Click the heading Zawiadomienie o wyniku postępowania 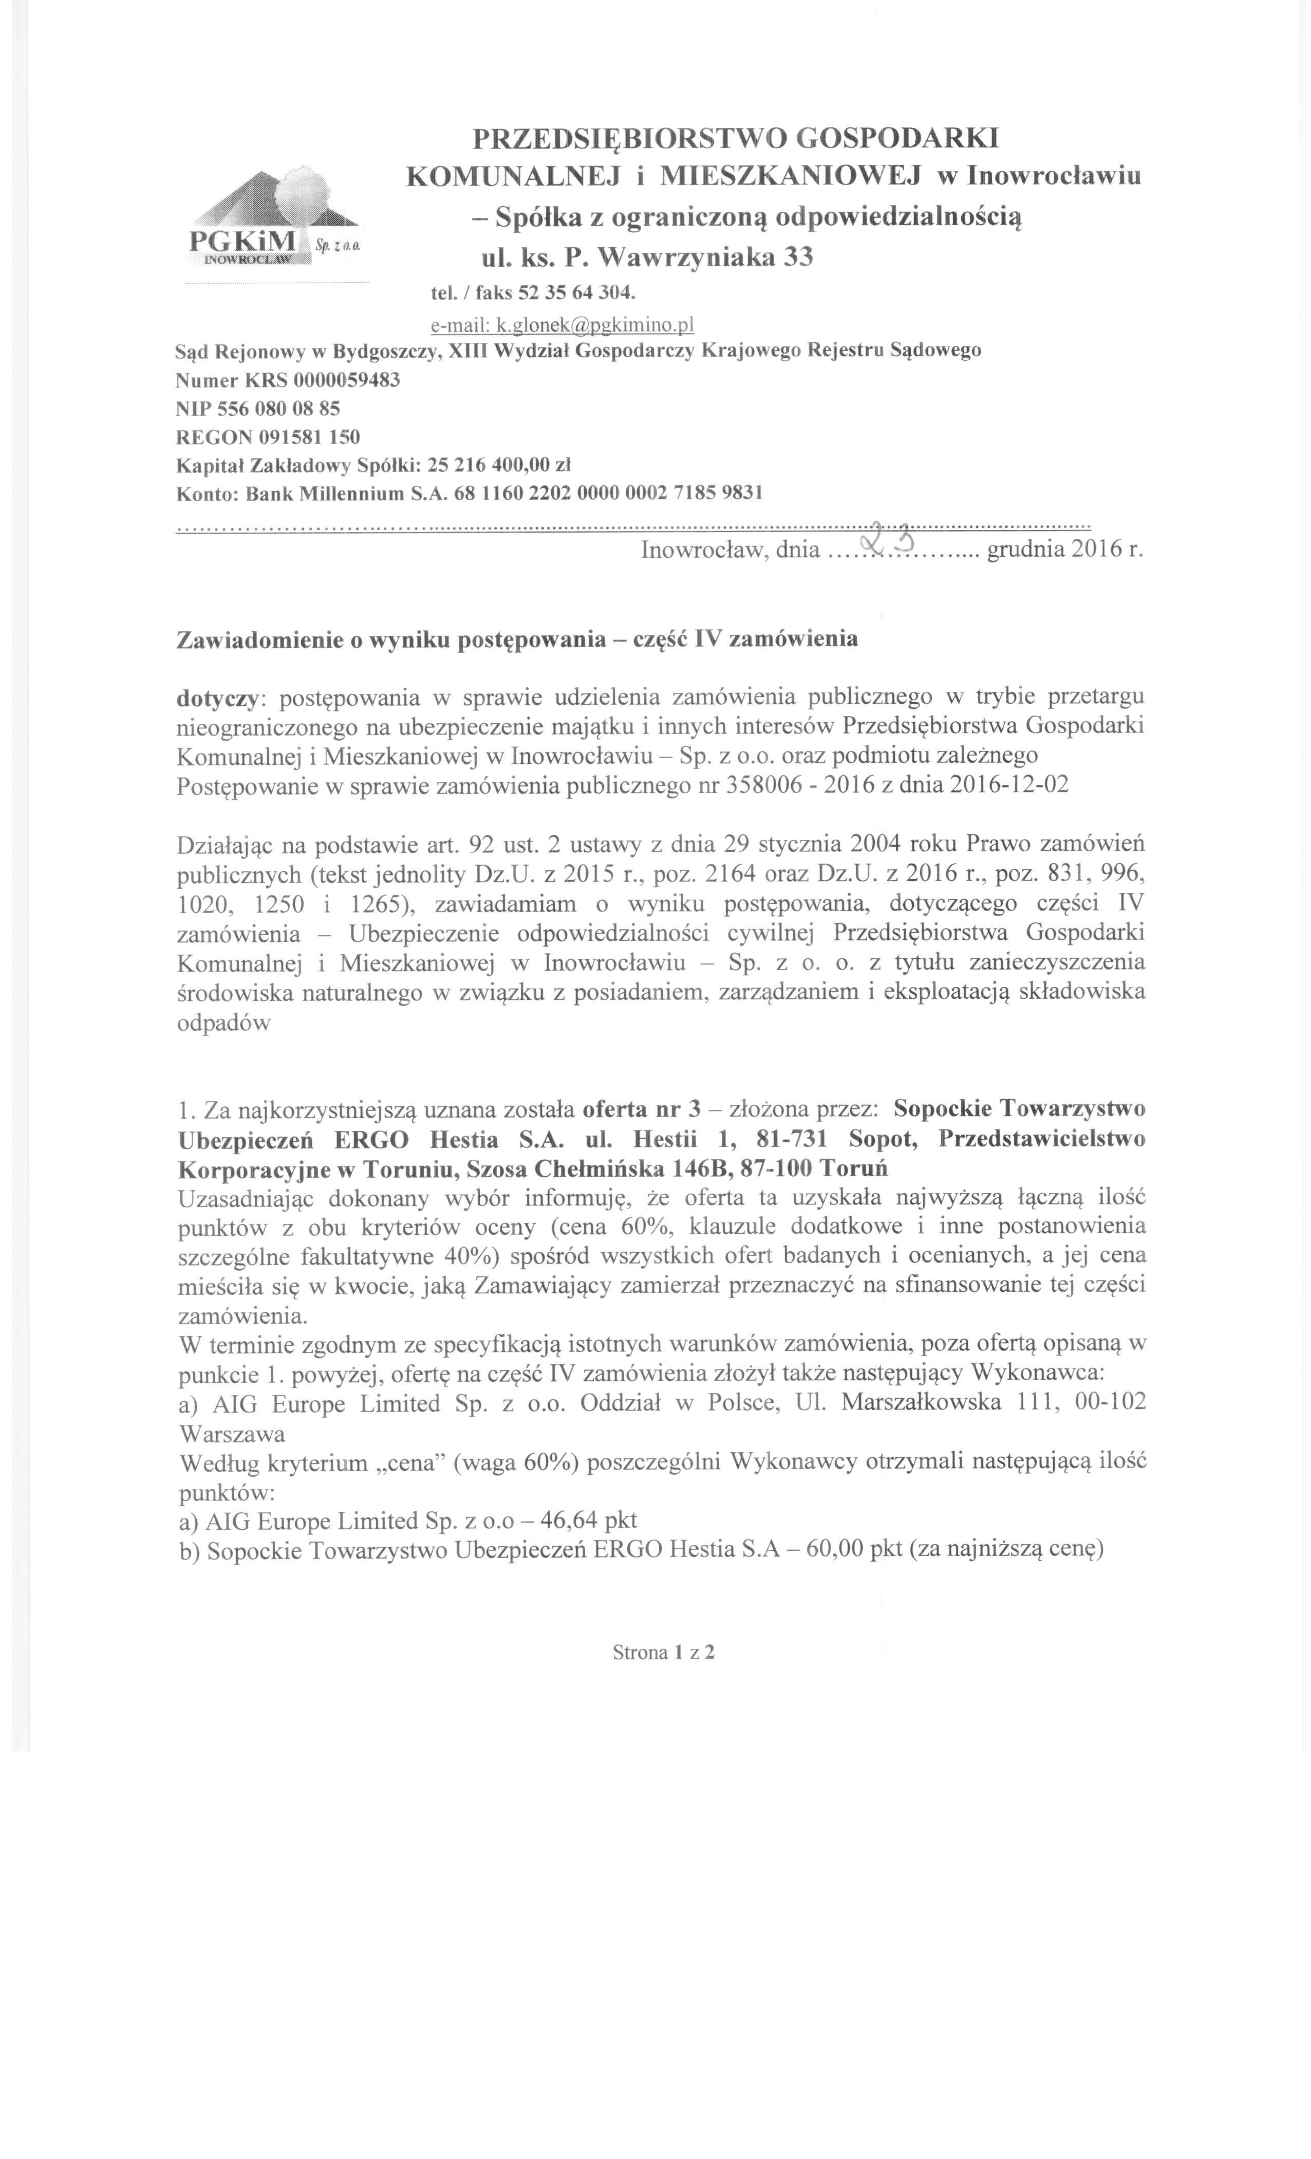click(390, 639)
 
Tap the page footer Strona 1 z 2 click(664, 1653)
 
